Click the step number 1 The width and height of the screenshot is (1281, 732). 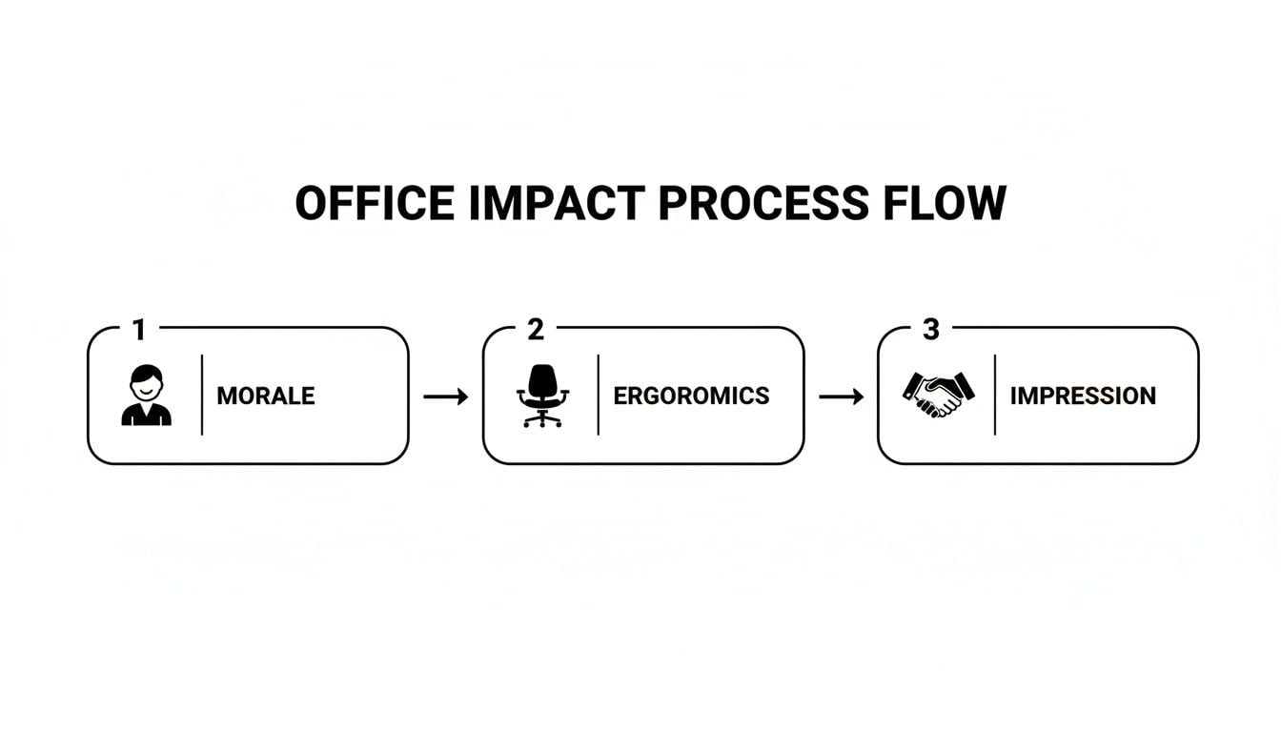click(139, 331)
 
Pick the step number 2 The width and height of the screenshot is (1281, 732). click(535, 331)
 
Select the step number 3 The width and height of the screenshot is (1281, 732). click(931, 331)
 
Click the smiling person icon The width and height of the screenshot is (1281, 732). click(146, 396)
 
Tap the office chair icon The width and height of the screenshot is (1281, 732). click(542, 396)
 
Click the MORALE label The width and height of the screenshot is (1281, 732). click(266, 396)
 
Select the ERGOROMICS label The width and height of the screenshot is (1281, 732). click(691, 396)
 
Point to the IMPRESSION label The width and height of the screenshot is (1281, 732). click(1083, 396)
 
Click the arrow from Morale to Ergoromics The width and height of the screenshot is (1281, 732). click(446, 396)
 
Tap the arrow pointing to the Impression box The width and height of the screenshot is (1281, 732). click(842, 396)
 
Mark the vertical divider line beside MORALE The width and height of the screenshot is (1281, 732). click(202, 396)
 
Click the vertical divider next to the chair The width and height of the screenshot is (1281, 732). click(599, 396)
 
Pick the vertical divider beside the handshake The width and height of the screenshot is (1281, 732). click(995, 396)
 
